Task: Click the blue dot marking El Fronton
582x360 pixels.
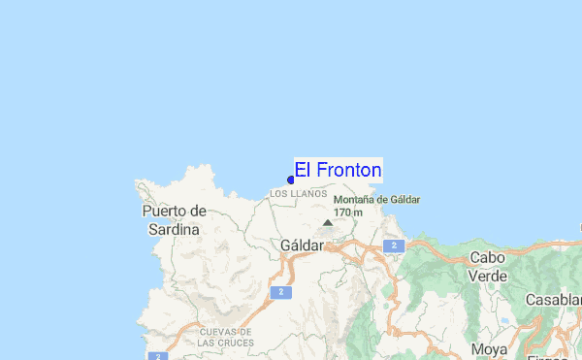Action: (x=291, y=180)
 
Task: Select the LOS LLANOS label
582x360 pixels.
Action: (x=298, y=194)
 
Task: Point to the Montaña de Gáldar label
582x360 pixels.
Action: (x=376, y=200)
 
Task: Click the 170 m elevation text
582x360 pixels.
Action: (x=348, y=212)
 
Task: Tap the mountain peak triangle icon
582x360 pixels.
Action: (x=328, y=222)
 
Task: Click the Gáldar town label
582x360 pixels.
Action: (x=302, y=245)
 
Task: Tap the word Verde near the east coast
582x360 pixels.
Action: (x=488, y=276)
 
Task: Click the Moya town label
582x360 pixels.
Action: (x=489, y=349)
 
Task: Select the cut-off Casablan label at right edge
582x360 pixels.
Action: (x=553, y=300)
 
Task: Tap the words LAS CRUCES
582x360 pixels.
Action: (x=226, y=343)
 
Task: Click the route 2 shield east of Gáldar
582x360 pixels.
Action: (x=393, y=246)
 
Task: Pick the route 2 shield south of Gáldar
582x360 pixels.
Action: (x=279, y=291)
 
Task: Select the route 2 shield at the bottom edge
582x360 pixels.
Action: (x=156, y=356)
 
